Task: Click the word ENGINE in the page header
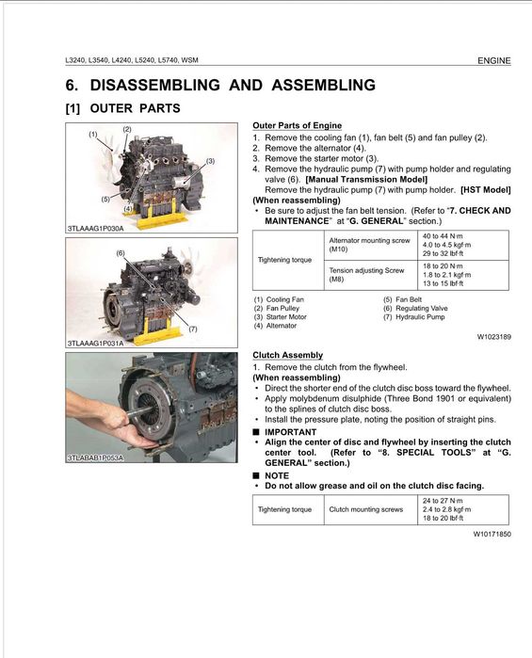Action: pyautogui.click(x=493, y=60)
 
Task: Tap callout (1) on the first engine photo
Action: pyautogui.click(x=93, y=135)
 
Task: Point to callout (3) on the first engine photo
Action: pyautogui.click(x=210, y=161)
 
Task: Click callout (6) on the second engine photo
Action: pyautogui.click(x=121, y=253)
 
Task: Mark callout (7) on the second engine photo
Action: pyautogui.click(x=191, y=329)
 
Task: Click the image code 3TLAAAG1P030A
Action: pyautogui.click(x=97, y=229)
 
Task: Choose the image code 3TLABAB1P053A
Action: pyautogui.click(x=97, y=457)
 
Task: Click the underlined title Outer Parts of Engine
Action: pyautogui.click(x=297, y=126)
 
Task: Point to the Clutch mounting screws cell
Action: pyautogui.click(x=366, y=509)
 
